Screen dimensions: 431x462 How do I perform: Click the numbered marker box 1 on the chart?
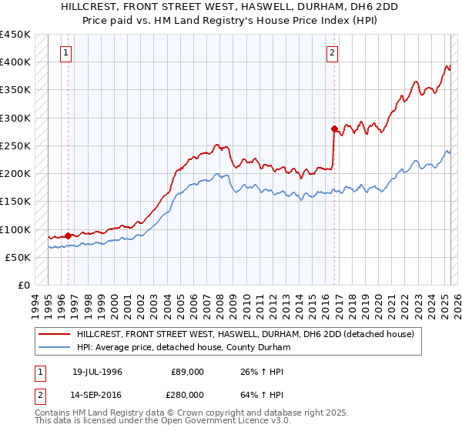(67, 53)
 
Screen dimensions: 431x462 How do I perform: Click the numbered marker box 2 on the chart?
(332, 53)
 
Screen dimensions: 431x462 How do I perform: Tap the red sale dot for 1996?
(68, 236)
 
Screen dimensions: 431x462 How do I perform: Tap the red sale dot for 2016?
(334, 129)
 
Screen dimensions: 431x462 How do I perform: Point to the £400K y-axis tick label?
(15, 62)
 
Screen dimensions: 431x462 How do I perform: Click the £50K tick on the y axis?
(18, 257)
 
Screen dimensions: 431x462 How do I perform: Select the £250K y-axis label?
(15, 145)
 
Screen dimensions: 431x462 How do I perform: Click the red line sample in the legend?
(53, 334)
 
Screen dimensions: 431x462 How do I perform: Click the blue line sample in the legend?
(53, 347)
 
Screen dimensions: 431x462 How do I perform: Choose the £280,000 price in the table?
(188, 394)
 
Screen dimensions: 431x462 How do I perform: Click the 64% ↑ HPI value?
(262, 394)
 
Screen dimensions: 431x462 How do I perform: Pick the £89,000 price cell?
(188, 373)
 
